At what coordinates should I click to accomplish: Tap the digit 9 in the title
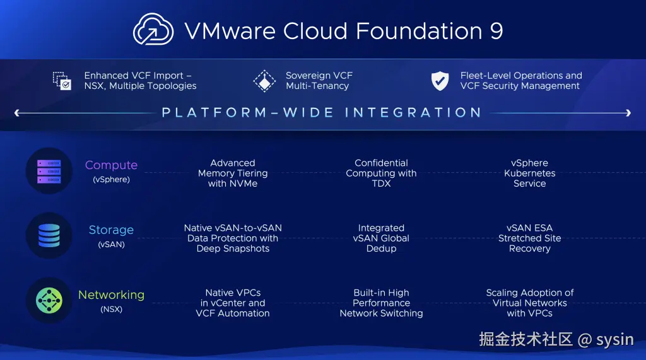[496, 30]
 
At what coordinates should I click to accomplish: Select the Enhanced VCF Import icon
[62, 81]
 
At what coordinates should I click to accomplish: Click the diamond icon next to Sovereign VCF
[264, 81]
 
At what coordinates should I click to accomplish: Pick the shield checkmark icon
[440, 81]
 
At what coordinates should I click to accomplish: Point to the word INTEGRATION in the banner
[413, 113]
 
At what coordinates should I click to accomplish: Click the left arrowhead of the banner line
[17, 113]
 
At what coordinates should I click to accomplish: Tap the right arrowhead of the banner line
[628, 113]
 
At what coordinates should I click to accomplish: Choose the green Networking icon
[49, 301]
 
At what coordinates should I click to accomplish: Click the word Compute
[111, 165]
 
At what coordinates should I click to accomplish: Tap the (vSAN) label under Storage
[111, 244]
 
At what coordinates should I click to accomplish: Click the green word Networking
[111, 294]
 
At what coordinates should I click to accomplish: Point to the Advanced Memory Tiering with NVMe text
[233, 173]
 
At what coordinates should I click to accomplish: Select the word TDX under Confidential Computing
[381, 183]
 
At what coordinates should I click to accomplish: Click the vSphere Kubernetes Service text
[529, 173]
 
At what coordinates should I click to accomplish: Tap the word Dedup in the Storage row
[381, 248]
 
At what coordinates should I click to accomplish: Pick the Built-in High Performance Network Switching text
[381, 303]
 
